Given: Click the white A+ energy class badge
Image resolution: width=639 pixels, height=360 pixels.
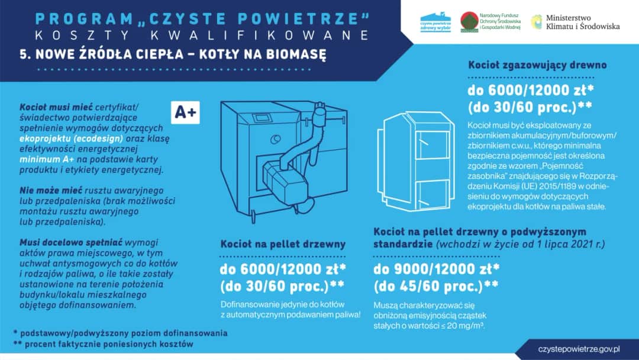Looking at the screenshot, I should coord(185,112).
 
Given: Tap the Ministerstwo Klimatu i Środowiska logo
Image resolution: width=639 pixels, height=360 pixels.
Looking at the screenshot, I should coord(576,22).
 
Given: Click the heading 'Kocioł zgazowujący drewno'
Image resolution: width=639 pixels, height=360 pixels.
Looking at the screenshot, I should coord(537,66).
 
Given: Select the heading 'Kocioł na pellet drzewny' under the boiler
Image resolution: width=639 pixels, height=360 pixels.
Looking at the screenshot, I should coord(283,244).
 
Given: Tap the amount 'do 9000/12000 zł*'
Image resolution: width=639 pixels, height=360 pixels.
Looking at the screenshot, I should coord(437,269).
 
